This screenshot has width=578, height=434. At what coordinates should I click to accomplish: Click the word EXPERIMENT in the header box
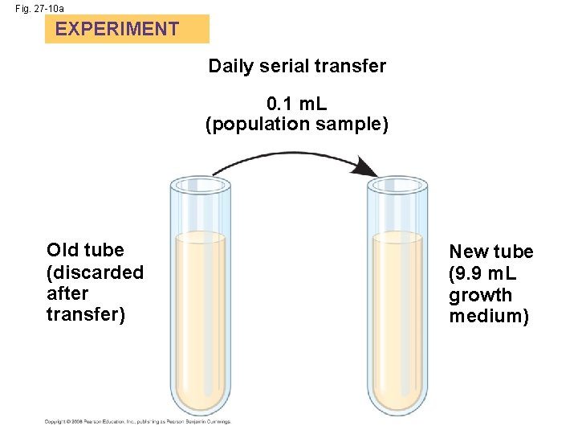pos(117,30)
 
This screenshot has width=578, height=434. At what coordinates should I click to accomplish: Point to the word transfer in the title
pos(352,66)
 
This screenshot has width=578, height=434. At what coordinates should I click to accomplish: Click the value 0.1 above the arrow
pos(280,104)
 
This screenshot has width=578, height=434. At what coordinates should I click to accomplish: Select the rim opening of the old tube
pos(201,185)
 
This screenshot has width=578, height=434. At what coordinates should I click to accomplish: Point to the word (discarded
pos(95,272)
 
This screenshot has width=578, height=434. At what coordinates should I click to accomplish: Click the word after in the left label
pos(67,293)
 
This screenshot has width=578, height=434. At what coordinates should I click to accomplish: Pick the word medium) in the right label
pos(489,317)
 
